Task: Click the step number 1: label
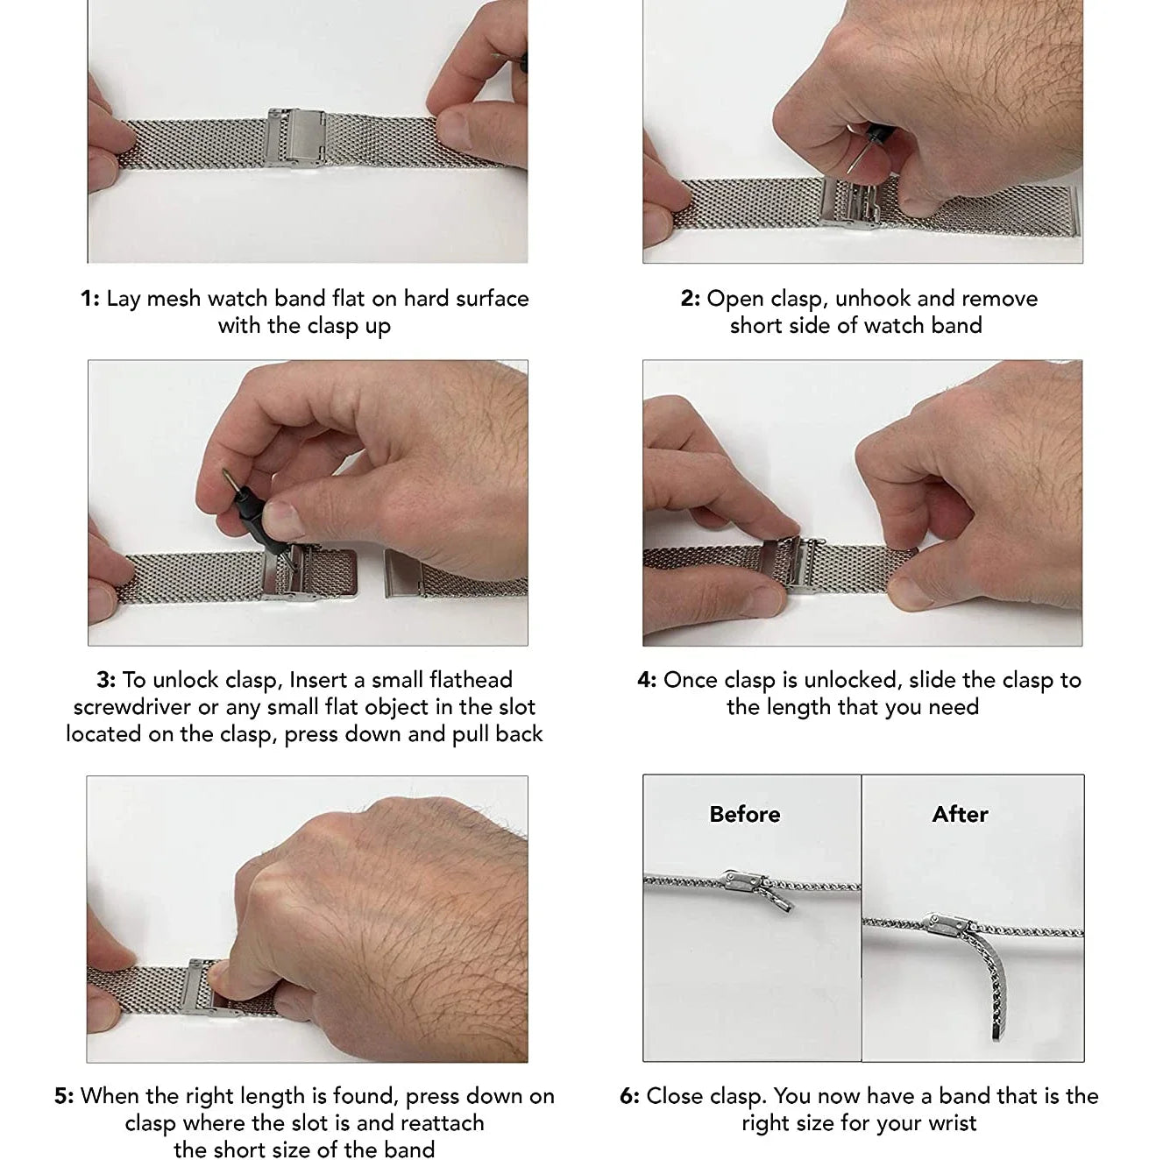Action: pos(90,299)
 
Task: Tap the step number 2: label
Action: pos(691,299)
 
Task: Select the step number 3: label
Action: pos(106,680)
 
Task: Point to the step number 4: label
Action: pos(647,680)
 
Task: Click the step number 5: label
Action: pos(64,1096)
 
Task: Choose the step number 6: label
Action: pos(629,1096)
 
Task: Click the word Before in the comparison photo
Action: pos(745,815)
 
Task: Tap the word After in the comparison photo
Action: pos(961,815)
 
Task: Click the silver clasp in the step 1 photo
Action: pos(295,138)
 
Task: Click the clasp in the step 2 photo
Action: pos(849,202)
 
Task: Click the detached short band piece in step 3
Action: pos(455,574)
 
